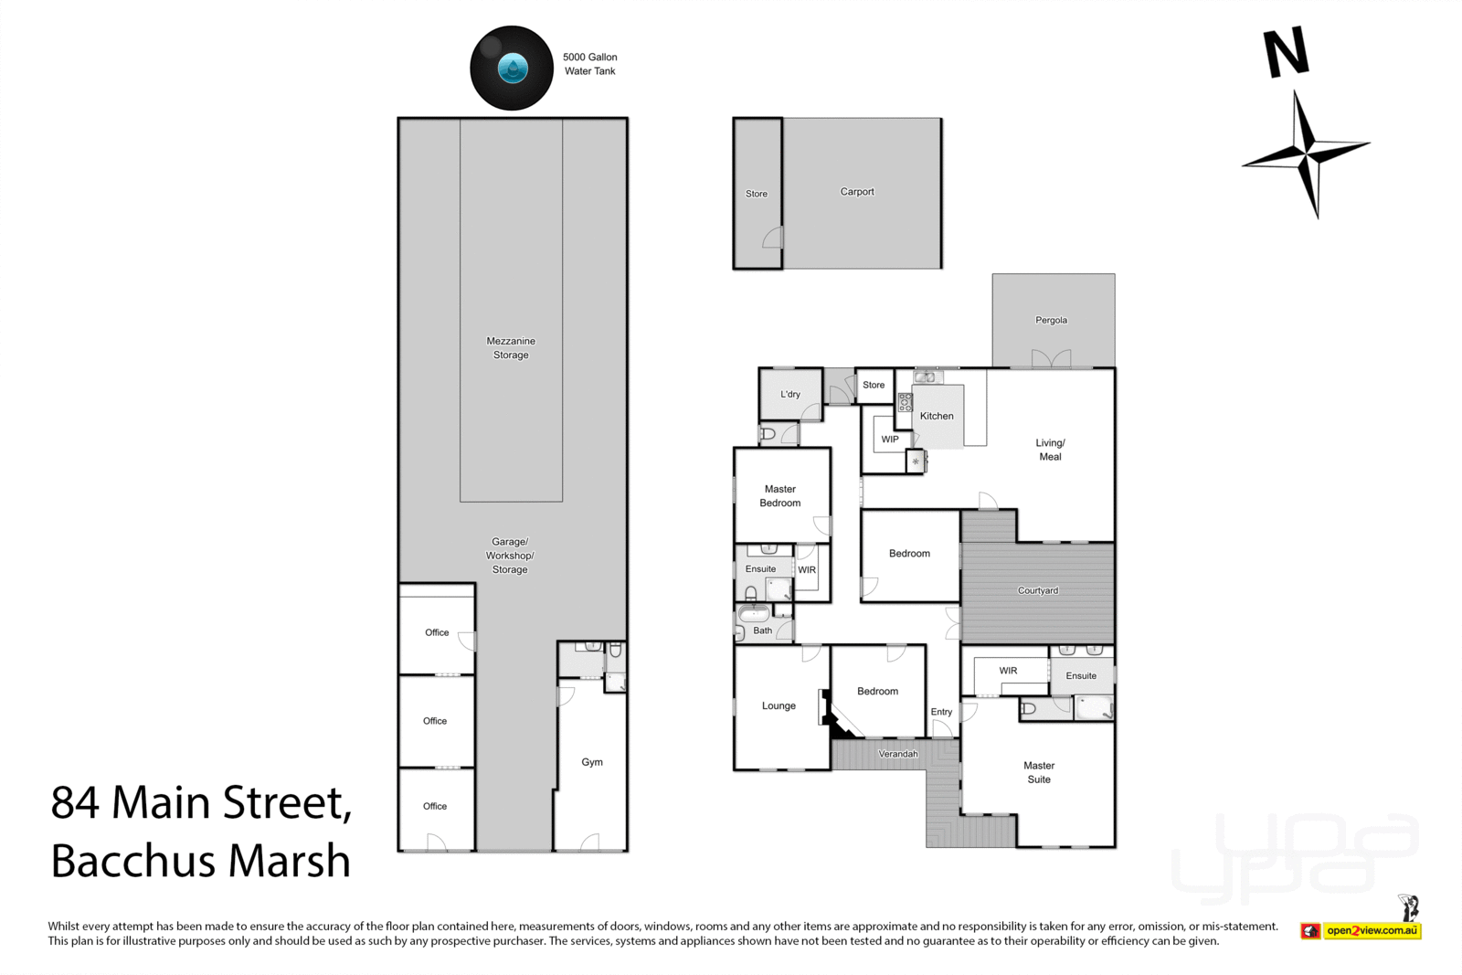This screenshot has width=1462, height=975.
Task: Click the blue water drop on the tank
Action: (513, 68)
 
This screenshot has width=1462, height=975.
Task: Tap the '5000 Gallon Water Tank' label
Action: (590, 64)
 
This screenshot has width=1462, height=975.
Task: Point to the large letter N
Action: (1287, 52)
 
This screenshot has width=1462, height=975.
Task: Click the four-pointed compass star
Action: (1306, 154)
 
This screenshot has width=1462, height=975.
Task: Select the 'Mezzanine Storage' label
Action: (511, 348)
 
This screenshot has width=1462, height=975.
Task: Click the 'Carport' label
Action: (857, 191)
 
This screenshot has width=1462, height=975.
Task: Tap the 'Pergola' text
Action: (1051, 320)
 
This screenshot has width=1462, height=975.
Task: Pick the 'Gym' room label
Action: (592, 761)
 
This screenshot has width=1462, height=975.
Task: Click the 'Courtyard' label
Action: (1038, 590)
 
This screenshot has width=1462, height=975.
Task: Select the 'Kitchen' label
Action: (937, 416)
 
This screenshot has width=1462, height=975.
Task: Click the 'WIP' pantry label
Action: (890, 440)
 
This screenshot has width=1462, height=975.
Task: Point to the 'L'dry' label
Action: (789, 394)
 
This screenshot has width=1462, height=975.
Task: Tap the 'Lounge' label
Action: (779, 705)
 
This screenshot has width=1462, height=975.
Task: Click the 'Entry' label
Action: (941, 711)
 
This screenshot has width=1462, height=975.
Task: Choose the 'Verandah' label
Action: (898, 754)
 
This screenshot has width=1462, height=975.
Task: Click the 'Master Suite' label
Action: (1039, 772)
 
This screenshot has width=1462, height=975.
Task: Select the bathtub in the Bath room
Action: (754, 613)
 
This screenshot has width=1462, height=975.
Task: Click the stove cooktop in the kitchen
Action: (906, 402)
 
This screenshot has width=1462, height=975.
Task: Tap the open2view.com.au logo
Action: (1361, 930)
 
